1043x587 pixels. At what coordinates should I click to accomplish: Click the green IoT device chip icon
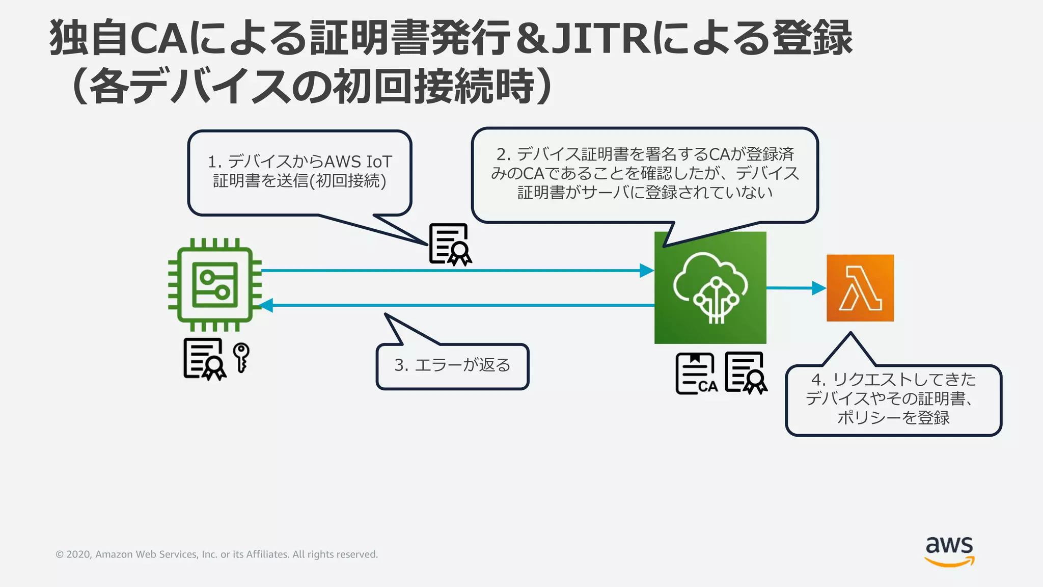(214, 285)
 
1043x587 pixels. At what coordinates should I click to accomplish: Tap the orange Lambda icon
(860, 288)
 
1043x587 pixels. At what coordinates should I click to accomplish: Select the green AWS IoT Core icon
(710, 288)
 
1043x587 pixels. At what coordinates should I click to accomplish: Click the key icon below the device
(241, 357)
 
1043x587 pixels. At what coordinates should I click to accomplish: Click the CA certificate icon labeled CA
(696, 374)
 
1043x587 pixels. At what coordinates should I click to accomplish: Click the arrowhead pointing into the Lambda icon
(819, 288)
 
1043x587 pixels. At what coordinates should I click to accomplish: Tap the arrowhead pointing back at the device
(266, 305)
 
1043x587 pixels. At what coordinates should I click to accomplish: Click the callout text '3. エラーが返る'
(452, 365)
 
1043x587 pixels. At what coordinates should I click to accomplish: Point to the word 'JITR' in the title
(601, 38)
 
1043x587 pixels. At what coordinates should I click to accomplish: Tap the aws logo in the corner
(949, 551)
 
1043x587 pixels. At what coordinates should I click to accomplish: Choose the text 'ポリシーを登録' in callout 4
(893, 418)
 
